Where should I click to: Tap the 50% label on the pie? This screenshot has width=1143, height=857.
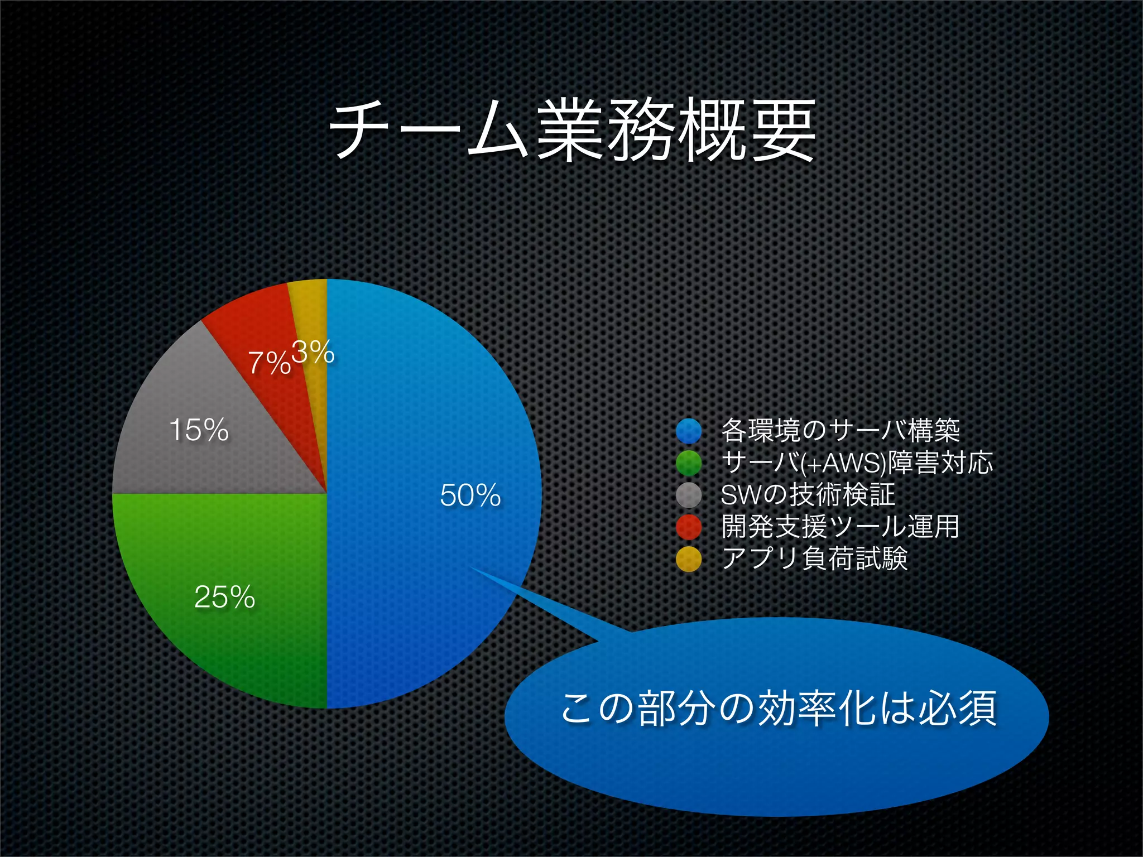tap(470, 495)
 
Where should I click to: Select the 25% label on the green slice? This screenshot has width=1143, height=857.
tap(224, 597)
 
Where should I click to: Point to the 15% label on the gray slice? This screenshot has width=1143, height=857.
tap(199, 430)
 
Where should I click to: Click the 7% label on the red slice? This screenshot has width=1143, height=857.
tap(269, 363)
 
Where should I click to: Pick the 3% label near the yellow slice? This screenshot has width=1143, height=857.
tap(313, 353)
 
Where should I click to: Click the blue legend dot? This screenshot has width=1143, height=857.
tap(689, 430)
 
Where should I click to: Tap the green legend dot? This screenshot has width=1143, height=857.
tap(689, 463)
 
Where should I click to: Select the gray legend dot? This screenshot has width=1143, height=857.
tap(689, 495)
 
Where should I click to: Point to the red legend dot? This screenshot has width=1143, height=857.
tap(689, 527)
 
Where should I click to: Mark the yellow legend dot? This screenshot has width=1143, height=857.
tap(689, 560)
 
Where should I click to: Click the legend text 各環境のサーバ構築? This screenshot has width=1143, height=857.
tap(841, 430)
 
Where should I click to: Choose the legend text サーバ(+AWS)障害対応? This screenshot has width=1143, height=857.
tap(857, 463)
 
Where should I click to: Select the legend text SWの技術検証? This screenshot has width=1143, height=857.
tap(808, 495)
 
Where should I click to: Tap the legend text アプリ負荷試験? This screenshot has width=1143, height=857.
tap(815, 559)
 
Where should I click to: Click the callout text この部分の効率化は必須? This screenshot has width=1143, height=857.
tap(778, 709)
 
